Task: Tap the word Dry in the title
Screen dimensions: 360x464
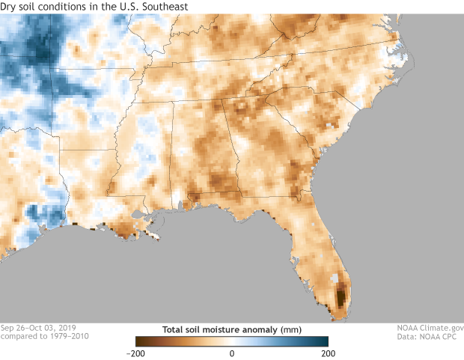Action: (x=10, y=7)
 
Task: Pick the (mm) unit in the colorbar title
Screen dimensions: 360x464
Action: (x=290, y=328)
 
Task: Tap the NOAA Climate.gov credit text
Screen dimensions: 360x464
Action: (x=430, y=328)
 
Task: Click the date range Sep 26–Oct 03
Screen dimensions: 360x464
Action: (x=28, y=328)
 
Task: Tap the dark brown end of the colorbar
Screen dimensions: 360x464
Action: (x=138, y=341)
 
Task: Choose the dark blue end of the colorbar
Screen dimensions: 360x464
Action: (x=325, y=341)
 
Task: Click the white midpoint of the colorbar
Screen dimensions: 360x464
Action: (x=232, y=341)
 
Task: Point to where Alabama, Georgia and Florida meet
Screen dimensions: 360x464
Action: (x=239, y=191)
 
